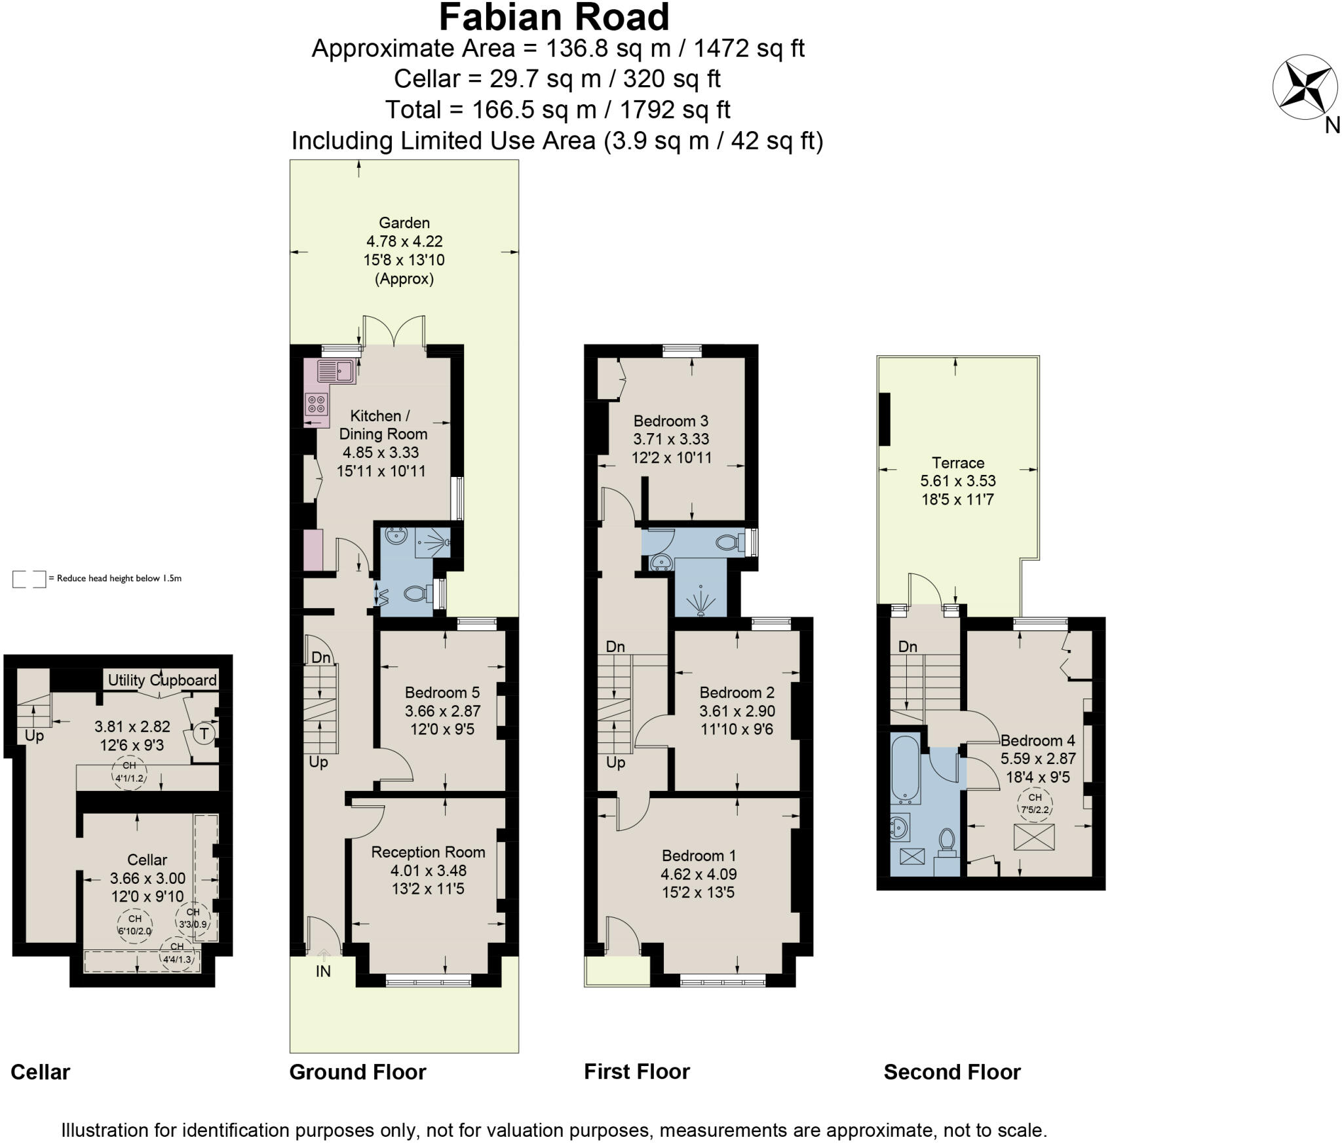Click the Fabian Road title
click(x=554, y=18)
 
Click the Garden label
click(x=404, y=223)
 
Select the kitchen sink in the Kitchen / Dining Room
click(x=335, y=371)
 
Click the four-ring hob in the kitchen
click(x=316, y=404)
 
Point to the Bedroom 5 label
click(x=442, y=693)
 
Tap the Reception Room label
click(x=428, y=852)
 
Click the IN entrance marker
click(x=323, y=971)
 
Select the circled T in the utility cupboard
click(x=204, y=733)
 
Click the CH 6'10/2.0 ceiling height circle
click(x=134, y=925)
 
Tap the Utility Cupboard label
click(x=162, y=680)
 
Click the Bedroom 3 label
click(x=670, y=421)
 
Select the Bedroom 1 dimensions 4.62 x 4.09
click(x=699, y=874)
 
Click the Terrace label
click(x=957, y=463)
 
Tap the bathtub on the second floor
click(x=906, y=769)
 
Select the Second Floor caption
click(x=951, y=1073)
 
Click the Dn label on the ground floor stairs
click(x=320, y=657)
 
